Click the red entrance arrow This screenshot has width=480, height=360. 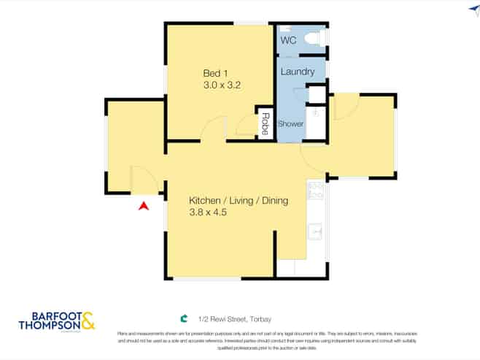[x=144, y=206]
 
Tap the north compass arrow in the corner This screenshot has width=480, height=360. [x=473, y=10]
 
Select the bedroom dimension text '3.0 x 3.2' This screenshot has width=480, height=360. [x=222, y=85]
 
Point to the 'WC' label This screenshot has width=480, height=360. [x=289, y=41]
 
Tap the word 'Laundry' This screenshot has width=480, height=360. [x=298, y=72]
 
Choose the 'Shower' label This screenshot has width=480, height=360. [x=290, y=123]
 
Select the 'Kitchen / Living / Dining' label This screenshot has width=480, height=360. [x=239, y=201]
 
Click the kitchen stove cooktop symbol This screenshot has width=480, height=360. [x=317, y=191]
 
